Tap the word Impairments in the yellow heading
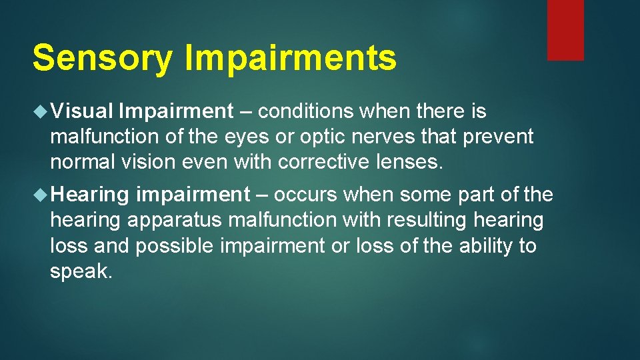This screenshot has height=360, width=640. click(x=290, y=58)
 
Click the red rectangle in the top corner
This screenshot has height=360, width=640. click(x=565, y=30)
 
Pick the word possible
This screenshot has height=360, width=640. click(x=175, y=245)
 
